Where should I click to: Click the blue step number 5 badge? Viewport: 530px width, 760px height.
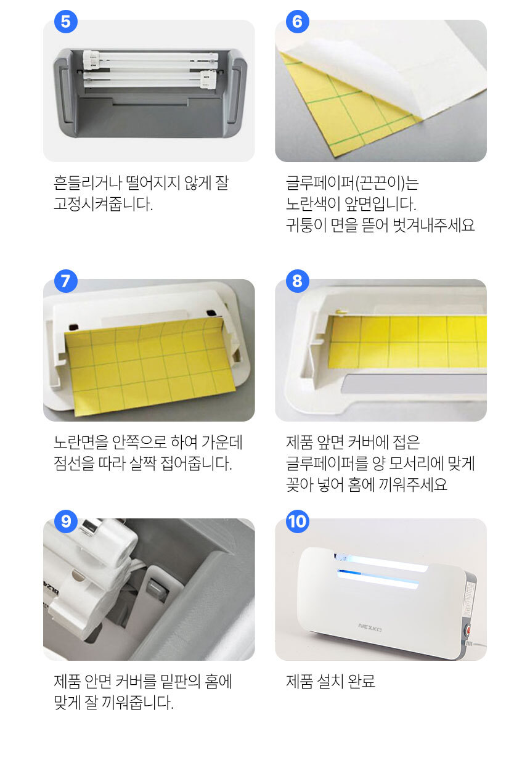click(66, 22)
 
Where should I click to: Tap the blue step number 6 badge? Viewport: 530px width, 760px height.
click(298, 22)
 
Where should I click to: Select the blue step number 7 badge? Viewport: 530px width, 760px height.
click(66, 281)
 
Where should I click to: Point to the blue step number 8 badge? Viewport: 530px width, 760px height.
click(298, 281)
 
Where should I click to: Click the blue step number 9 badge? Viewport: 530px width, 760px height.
click(66, 521)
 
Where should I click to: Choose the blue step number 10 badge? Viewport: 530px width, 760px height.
click(298, 521)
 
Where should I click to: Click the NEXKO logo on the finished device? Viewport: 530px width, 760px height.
click(370, 627)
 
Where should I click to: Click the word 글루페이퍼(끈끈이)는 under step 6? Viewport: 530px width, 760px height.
click(353, 183)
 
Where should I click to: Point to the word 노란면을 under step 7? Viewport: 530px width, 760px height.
click(81, 442)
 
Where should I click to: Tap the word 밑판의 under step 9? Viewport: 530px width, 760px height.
click(180, 681)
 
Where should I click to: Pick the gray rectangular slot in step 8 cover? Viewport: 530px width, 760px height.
click(414, 384)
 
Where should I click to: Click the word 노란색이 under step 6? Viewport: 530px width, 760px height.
click(313, 204)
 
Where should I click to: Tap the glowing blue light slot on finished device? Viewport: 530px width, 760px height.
click(378, 577)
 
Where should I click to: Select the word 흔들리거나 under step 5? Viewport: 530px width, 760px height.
click(88, 183)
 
